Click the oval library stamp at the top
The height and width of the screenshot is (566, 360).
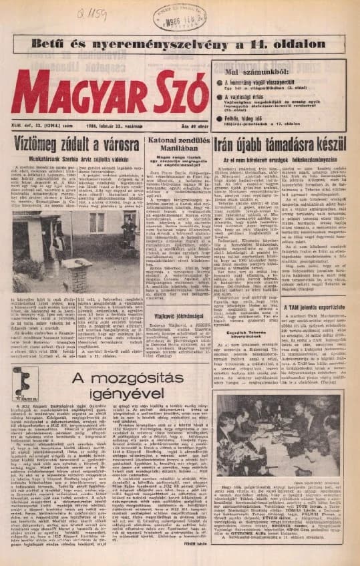180,16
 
